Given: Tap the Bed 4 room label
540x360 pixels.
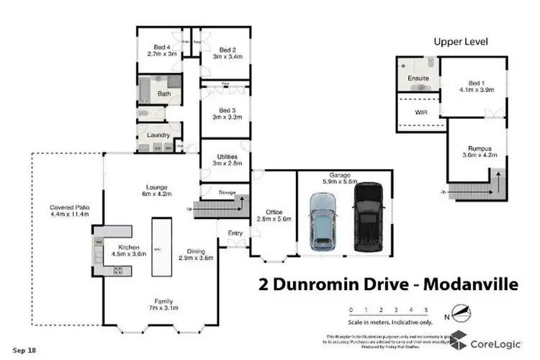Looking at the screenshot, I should [157, 49].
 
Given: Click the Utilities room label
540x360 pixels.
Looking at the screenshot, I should [225, 159].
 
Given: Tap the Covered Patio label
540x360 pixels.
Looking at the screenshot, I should [64, 209].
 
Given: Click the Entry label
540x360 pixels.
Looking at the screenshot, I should [235, 233].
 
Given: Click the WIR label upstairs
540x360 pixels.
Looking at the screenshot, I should [421, 113].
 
